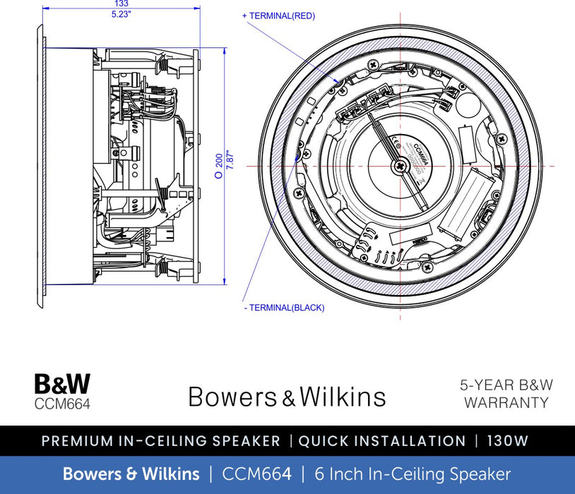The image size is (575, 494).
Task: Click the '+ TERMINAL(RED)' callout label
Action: click(278, 16)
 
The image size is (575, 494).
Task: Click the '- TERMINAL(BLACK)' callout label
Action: click(283, 308)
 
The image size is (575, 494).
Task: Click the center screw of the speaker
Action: click(401, 167)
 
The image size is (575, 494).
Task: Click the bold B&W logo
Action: click(62, 385)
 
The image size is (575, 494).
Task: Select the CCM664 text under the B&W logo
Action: click(62, 404)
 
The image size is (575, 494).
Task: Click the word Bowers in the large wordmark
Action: click(234, 397)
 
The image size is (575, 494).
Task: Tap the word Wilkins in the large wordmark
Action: click(343, 397)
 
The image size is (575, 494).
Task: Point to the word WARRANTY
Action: click(506, 403)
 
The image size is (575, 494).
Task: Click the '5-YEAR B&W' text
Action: click(506, 385)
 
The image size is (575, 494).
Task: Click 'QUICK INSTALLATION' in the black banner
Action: click(382, 441)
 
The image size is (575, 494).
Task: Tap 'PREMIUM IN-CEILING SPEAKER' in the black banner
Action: click(161, 441)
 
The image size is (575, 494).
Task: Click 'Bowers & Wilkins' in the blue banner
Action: click(131, 474)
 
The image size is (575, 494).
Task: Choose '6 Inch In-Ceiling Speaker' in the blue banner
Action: click(412, 474)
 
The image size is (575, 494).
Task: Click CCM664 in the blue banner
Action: click(256, 474)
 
